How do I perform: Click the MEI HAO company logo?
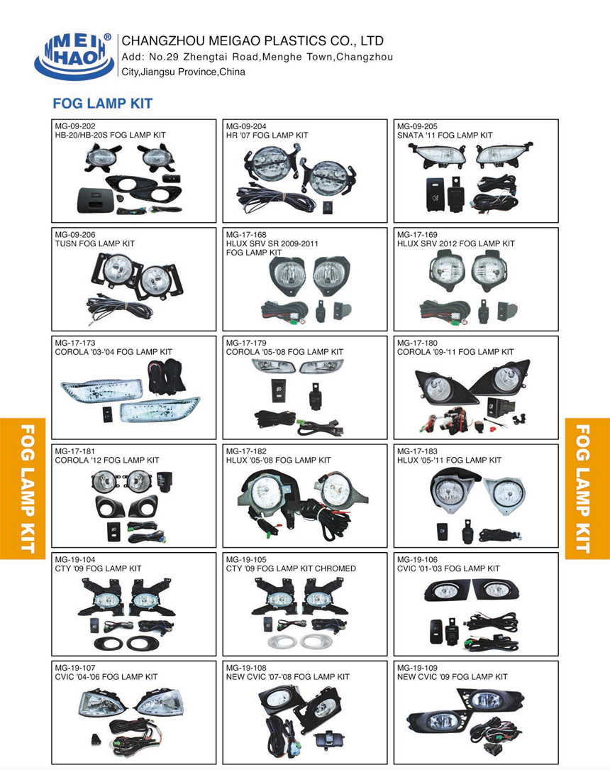(74, 55)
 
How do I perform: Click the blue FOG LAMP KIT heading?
(103, 104)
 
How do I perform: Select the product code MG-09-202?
(75, 126)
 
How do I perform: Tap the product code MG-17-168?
(246, 235)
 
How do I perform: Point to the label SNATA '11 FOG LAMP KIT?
(445, 135)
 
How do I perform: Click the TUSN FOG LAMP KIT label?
(95, 243)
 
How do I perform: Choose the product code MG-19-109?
(418, 668)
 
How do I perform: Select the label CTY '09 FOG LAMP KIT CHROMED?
(291, 568)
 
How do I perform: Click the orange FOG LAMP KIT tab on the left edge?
(23, 489)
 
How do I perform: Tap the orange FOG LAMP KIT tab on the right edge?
(587, 489)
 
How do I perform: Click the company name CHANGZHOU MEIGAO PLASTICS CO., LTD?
(253, 40)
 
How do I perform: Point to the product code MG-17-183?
(418, 451)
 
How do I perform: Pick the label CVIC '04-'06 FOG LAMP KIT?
(106, 677)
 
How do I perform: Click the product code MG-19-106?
(418, 560)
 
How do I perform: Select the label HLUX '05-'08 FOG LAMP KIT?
(279, 460)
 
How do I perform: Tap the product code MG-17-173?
(75, 343)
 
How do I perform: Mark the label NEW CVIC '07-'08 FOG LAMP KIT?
(288, 677)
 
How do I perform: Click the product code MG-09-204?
(246, 126)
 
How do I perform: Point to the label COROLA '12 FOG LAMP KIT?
(107, 460)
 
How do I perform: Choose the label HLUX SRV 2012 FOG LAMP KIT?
(456, 243)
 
